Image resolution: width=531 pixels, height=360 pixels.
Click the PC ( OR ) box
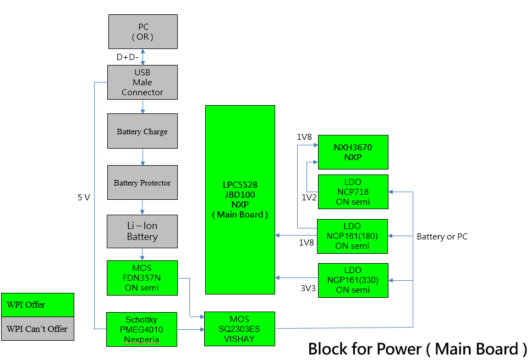pyautogui.click(x=143, y=32)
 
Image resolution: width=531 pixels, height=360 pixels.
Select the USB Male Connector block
pyautogui.click(x=143, y=83)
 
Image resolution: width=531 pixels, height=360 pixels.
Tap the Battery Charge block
pyautogui.click(x=143, y=131)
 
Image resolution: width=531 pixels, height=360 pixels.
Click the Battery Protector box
pyautogui.click(x=143, y=183)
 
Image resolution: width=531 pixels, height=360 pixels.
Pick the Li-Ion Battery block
pyautogui.click(x=143, y=231)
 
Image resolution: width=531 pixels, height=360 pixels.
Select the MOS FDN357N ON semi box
pyautogui.click(x=143, y=278)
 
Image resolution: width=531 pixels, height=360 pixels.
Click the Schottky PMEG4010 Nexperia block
pyautogui.click(x=141, y=329)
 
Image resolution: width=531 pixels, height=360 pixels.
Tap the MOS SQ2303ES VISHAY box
pyautogui.click(x=239, y=329)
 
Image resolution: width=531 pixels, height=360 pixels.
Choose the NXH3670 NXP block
pyautogui.click(x=353, y=152)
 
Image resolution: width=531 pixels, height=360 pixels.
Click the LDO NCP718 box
pyautogui.click(x=353, y=192)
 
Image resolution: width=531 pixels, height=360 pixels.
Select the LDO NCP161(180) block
pyautogui.click(x=352, y=236)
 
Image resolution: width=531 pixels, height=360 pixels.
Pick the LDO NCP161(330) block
pyautogui.click(x=352, y=280)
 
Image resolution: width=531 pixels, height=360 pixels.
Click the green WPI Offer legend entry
pyautogui.click(x=37, y=305)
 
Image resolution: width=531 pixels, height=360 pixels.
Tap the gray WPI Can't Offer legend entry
pyautogui.click(x=37, y=329)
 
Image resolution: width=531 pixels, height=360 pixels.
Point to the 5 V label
pyautogui.click(x=84, y=197)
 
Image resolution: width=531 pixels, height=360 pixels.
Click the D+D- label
pyautogui.click(x=127, y=57)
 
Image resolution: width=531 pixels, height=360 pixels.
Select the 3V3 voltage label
pyautogui.click(x=308, y=287)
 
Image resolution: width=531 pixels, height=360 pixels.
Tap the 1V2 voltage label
pyautogui.click(x=309, y=197)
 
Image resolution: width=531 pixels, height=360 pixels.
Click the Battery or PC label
pyautogui.click(x=442, y=237)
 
